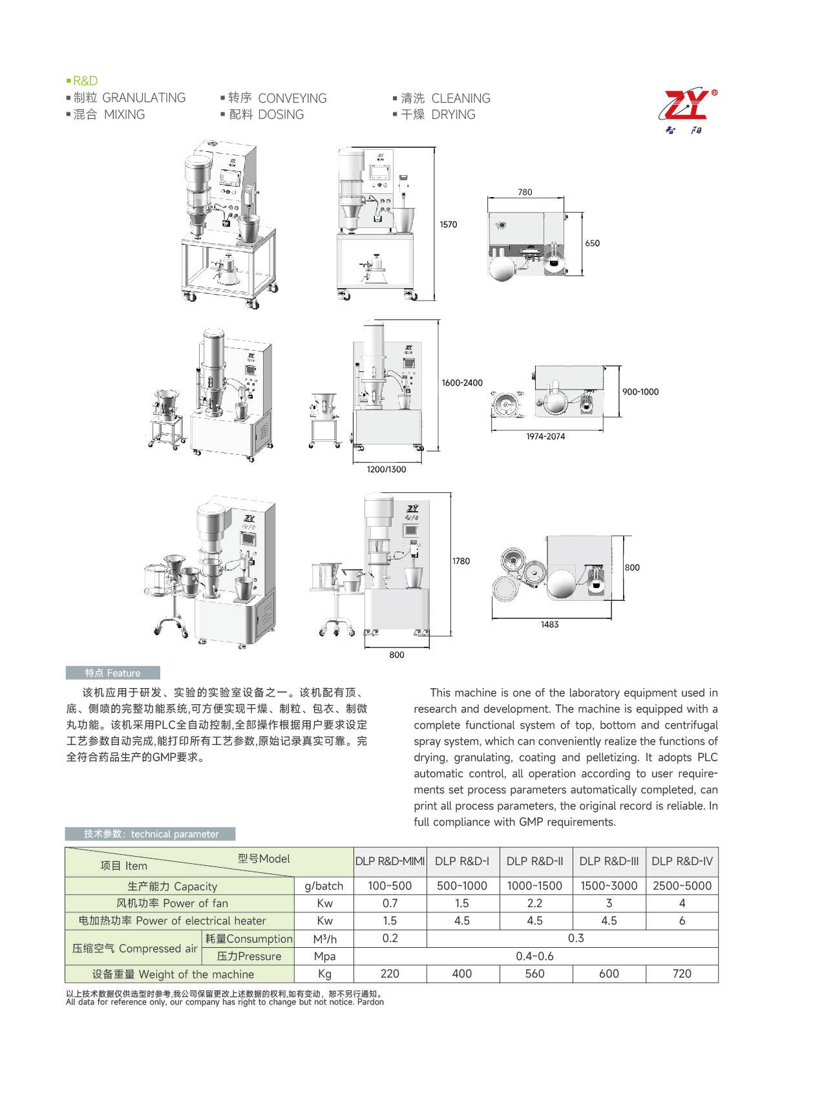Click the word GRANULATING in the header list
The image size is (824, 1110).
pos(144,98)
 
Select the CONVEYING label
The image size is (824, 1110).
pos(292,99)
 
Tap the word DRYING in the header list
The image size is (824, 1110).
pos(453,115)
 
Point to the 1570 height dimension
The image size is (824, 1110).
pos(448,225)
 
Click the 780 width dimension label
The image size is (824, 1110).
pos(525,192)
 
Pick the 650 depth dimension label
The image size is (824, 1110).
pos(592,244)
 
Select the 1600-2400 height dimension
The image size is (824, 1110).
pos(462,383)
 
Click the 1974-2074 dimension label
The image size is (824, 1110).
pos(545,437)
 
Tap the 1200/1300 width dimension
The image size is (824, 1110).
pos(386,470)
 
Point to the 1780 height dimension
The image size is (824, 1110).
pos(461,561)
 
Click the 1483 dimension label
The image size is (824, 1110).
pos(549,625)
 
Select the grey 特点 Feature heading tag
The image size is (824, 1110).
pos(112,673)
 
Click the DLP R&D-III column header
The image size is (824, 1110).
pos(609,861)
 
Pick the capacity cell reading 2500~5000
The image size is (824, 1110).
pos(682,886)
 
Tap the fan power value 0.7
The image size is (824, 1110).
pos(390,903)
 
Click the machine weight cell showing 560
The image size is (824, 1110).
pos(534,974)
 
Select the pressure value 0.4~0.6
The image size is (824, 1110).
pos(534,956)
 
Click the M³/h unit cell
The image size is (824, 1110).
pos(324,939)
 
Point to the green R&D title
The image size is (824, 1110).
pos(85,81)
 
